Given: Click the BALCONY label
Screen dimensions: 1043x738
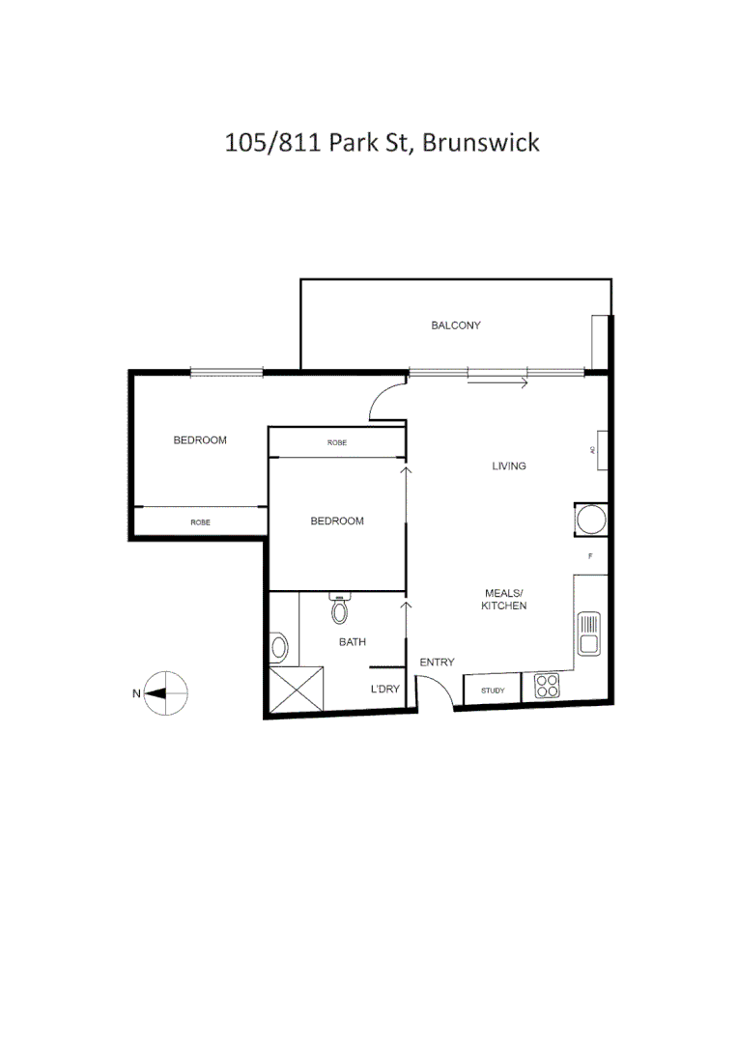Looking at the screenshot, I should (x=456, y=325).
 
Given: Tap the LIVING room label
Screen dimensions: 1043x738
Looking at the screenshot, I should (x=509, y=466).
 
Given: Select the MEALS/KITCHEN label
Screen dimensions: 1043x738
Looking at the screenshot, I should (x=504, y=599).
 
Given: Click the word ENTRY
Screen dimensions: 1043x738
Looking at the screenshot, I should (x=437, y=662).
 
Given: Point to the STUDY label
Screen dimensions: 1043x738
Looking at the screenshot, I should (x=493, y=691).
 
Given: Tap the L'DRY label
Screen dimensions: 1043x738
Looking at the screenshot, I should (x=386, y=690).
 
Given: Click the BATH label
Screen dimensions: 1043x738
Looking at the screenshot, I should (x=352, y=641).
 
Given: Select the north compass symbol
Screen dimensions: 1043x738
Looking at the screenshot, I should (x=165, y=692).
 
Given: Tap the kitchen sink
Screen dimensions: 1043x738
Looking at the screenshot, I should (x=588, y=634).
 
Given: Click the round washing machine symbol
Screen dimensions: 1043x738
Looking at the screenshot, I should (x=590, y=520).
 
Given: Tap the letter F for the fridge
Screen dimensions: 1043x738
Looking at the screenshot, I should (x=591, y=557).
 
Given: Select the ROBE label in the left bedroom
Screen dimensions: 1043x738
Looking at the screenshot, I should (x=200, y=521).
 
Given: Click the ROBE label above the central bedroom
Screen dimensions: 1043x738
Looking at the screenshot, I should (x=336, y=442).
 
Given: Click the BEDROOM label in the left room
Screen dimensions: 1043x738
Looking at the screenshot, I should (x=200, y=440).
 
